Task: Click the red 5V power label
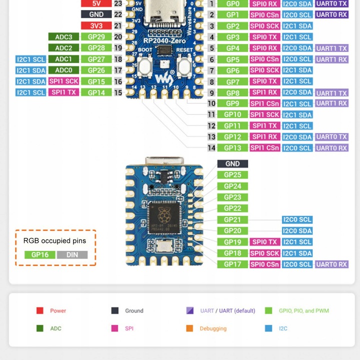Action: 96,3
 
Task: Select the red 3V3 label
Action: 96,25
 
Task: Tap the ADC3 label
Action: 64,37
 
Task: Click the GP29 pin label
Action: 96,37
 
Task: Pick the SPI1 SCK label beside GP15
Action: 63,81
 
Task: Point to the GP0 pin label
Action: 232,4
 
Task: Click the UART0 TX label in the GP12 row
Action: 331,137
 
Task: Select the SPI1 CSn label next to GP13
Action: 264,148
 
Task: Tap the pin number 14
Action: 211,148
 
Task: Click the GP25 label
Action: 232,175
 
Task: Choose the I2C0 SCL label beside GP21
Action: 297,219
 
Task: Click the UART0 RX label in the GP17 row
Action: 331,264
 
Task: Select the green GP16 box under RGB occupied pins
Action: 39,254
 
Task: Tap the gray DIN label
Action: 72,254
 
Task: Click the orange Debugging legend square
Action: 189,328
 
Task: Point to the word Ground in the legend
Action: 134,310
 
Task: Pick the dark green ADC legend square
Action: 40,328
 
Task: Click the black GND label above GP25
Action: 232,164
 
